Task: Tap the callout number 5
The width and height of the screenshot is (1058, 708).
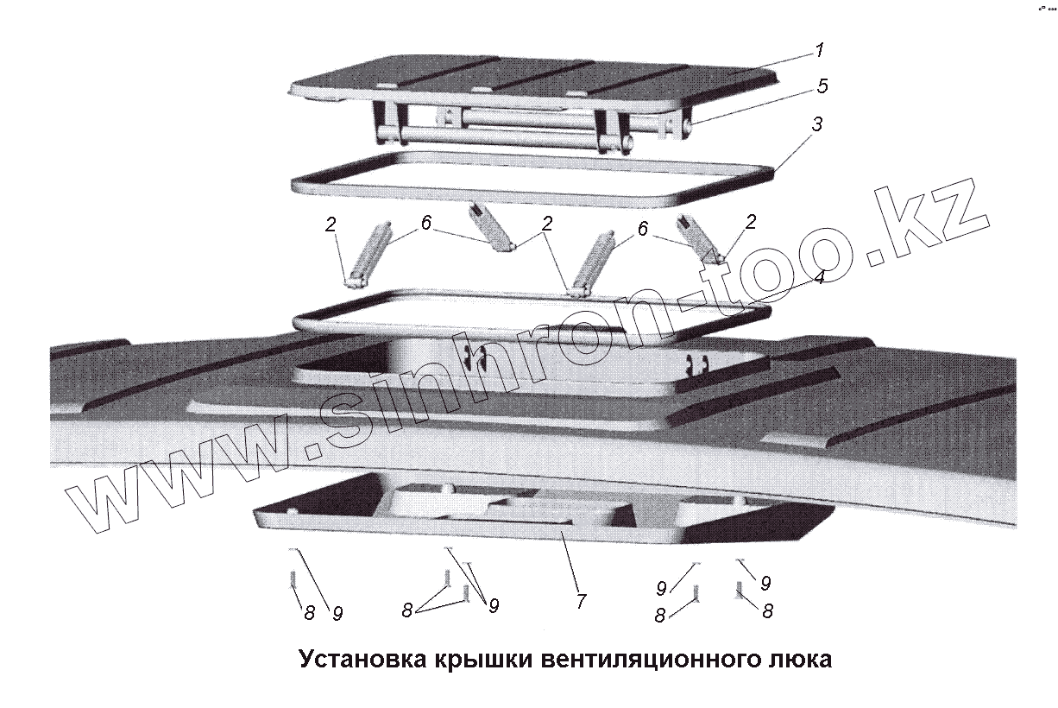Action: point(822,85)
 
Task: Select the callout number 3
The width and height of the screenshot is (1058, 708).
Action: point(816,124)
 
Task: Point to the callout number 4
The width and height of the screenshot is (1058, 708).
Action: point(818,278)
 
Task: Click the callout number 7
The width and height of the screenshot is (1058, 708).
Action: point(581,600)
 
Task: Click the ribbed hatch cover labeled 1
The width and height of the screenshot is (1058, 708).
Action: point(535,82)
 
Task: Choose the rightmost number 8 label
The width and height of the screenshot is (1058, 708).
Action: point(766,610)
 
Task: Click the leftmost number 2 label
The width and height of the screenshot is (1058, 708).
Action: point(331,225)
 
